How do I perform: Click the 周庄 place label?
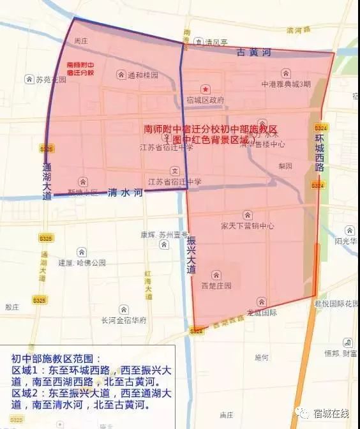pyautogui.click(x=80, y=40)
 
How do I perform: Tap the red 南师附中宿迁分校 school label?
pyautogui.click(x=80, y=68)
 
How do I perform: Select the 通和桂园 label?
pyautogui.click(x=142, y=75)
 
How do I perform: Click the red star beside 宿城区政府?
pyautogui.click(x=205, y=89)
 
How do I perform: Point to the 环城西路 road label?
pyautogui.click(x=319, y=153)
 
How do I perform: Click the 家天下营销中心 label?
pyautogui.click(x=248, y=225)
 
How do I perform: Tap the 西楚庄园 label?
pyautogui.click(x=216, y=285)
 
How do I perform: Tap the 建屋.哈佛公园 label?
pyautogui.click(x=82, y=262)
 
